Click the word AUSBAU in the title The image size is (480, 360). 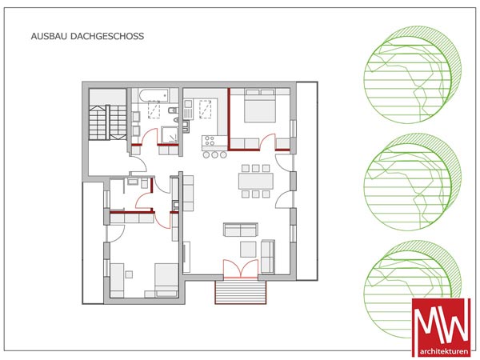tap(49, 36)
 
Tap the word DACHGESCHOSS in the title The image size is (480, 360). tap(107, 36)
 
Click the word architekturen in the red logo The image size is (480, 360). tap(442, 351)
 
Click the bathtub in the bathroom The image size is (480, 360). tap(153, 95)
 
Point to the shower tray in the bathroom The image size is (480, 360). tap(170, 135)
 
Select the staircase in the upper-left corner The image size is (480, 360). tap(107, 122)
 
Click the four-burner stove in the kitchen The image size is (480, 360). tap(210, 141)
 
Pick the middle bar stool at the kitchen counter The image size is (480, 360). tap(215, 155)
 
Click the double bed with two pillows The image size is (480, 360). tap(260, 106)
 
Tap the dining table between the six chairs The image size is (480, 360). tap(256, 181)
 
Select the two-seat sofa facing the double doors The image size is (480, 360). tap(241, 230)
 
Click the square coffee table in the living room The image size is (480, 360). tap(248, 249)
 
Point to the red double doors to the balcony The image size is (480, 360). tap(241, 269)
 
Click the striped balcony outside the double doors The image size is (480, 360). tap(241, 292)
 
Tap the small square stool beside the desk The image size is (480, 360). tap(129, 274)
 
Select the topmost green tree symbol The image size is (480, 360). tap(412, 75)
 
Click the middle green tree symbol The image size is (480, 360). tap(412, 182)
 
